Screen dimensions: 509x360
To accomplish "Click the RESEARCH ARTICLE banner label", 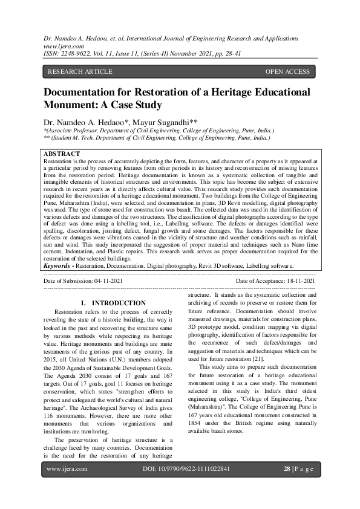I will pyautogui.click(x=79, y=72).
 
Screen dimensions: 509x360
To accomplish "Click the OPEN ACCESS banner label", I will pyautogui.click(x=287, y=72).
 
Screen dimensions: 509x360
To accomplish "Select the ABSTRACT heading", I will pyautogui.click(x=62, y=155).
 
